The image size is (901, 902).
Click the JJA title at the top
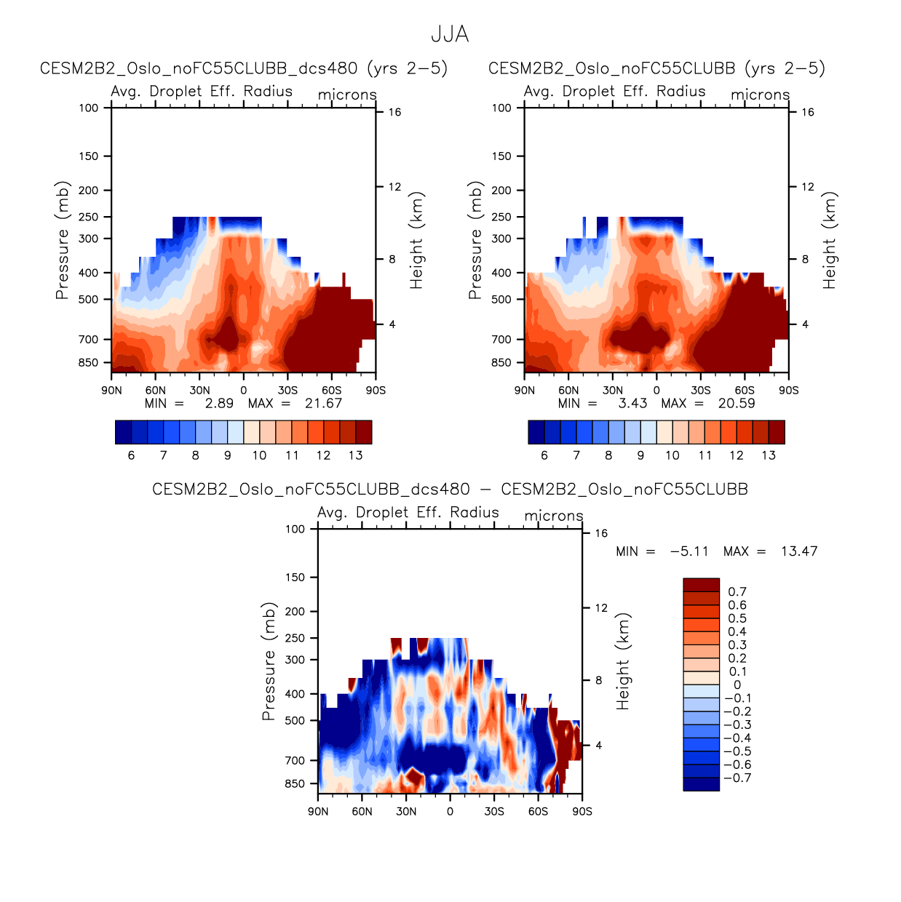(450, 34)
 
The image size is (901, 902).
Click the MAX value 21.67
(323, 404)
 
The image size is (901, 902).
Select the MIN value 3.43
(632, 404)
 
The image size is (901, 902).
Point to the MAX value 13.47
(799, 551)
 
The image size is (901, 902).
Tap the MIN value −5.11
(688, 551)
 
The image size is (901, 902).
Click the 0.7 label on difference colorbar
(737, 592)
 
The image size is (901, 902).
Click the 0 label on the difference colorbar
(737, 685)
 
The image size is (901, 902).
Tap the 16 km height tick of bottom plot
(601, 533)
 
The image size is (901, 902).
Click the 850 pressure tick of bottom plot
(295, 784)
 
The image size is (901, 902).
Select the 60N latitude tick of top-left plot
(155, 391)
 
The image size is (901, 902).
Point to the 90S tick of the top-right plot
(789, 391)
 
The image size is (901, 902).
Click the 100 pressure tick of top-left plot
(89, 108)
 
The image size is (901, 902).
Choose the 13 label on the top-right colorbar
(769, 456)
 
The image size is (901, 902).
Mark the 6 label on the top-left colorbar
(131, 456)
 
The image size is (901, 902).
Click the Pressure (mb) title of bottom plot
(269, 661)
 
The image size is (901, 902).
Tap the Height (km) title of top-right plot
(830, 240)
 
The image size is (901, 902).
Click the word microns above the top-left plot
(347, 95)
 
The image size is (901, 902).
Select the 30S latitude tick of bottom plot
(494, 812)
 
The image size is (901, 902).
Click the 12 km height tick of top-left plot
(394, 187)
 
